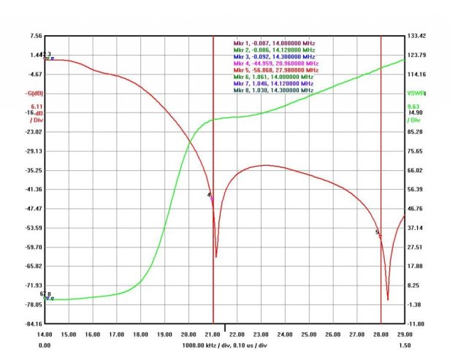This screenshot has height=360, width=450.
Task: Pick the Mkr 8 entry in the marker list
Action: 274,90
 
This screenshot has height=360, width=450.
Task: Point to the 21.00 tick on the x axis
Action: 213,334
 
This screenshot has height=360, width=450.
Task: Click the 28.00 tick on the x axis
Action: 381,334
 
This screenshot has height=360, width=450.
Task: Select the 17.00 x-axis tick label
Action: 116,334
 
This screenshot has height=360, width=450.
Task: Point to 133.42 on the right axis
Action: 416,36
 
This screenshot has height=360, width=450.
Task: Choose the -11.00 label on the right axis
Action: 415,323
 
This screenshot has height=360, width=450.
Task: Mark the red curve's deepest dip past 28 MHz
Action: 388,299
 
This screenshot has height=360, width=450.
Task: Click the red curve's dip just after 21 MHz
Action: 216,256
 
